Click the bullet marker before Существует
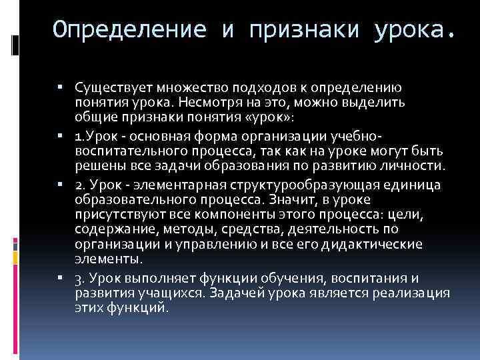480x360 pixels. point(69,87)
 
